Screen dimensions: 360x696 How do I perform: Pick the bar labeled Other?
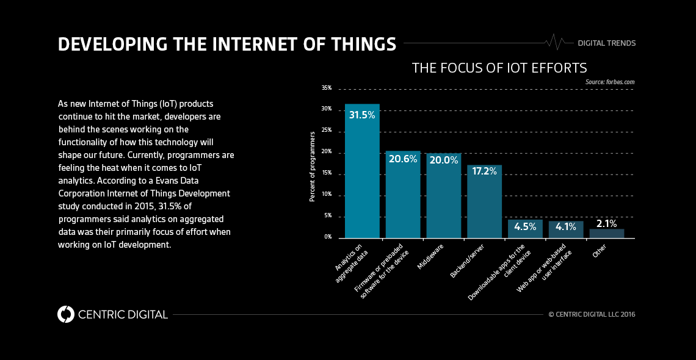(x=606, y=233)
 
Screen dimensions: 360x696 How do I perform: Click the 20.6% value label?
(x=403, y=159)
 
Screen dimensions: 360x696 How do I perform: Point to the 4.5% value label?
(x=525, y=226)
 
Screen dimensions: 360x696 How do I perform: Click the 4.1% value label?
(x=566, y=227)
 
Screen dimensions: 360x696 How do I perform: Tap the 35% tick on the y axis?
(x=327, y=88)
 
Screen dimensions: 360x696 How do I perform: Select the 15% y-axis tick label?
(x=327, y=173)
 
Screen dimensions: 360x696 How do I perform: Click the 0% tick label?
(x=328, y=237)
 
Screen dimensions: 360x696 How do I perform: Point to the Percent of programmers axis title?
(x=312, y=166)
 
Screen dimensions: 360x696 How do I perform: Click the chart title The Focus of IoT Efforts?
(x=499, y=68)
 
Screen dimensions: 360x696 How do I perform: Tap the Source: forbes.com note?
(x=610, y=81)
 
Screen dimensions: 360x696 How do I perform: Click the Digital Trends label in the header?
(x=606, y=43)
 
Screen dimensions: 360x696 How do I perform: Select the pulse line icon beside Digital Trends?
(x=555, y=42)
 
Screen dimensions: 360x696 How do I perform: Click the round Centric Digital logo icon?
(x=66, y=314)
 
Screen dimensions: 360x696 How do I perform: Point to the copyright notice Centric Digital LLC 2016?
(x=592, y=314)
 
